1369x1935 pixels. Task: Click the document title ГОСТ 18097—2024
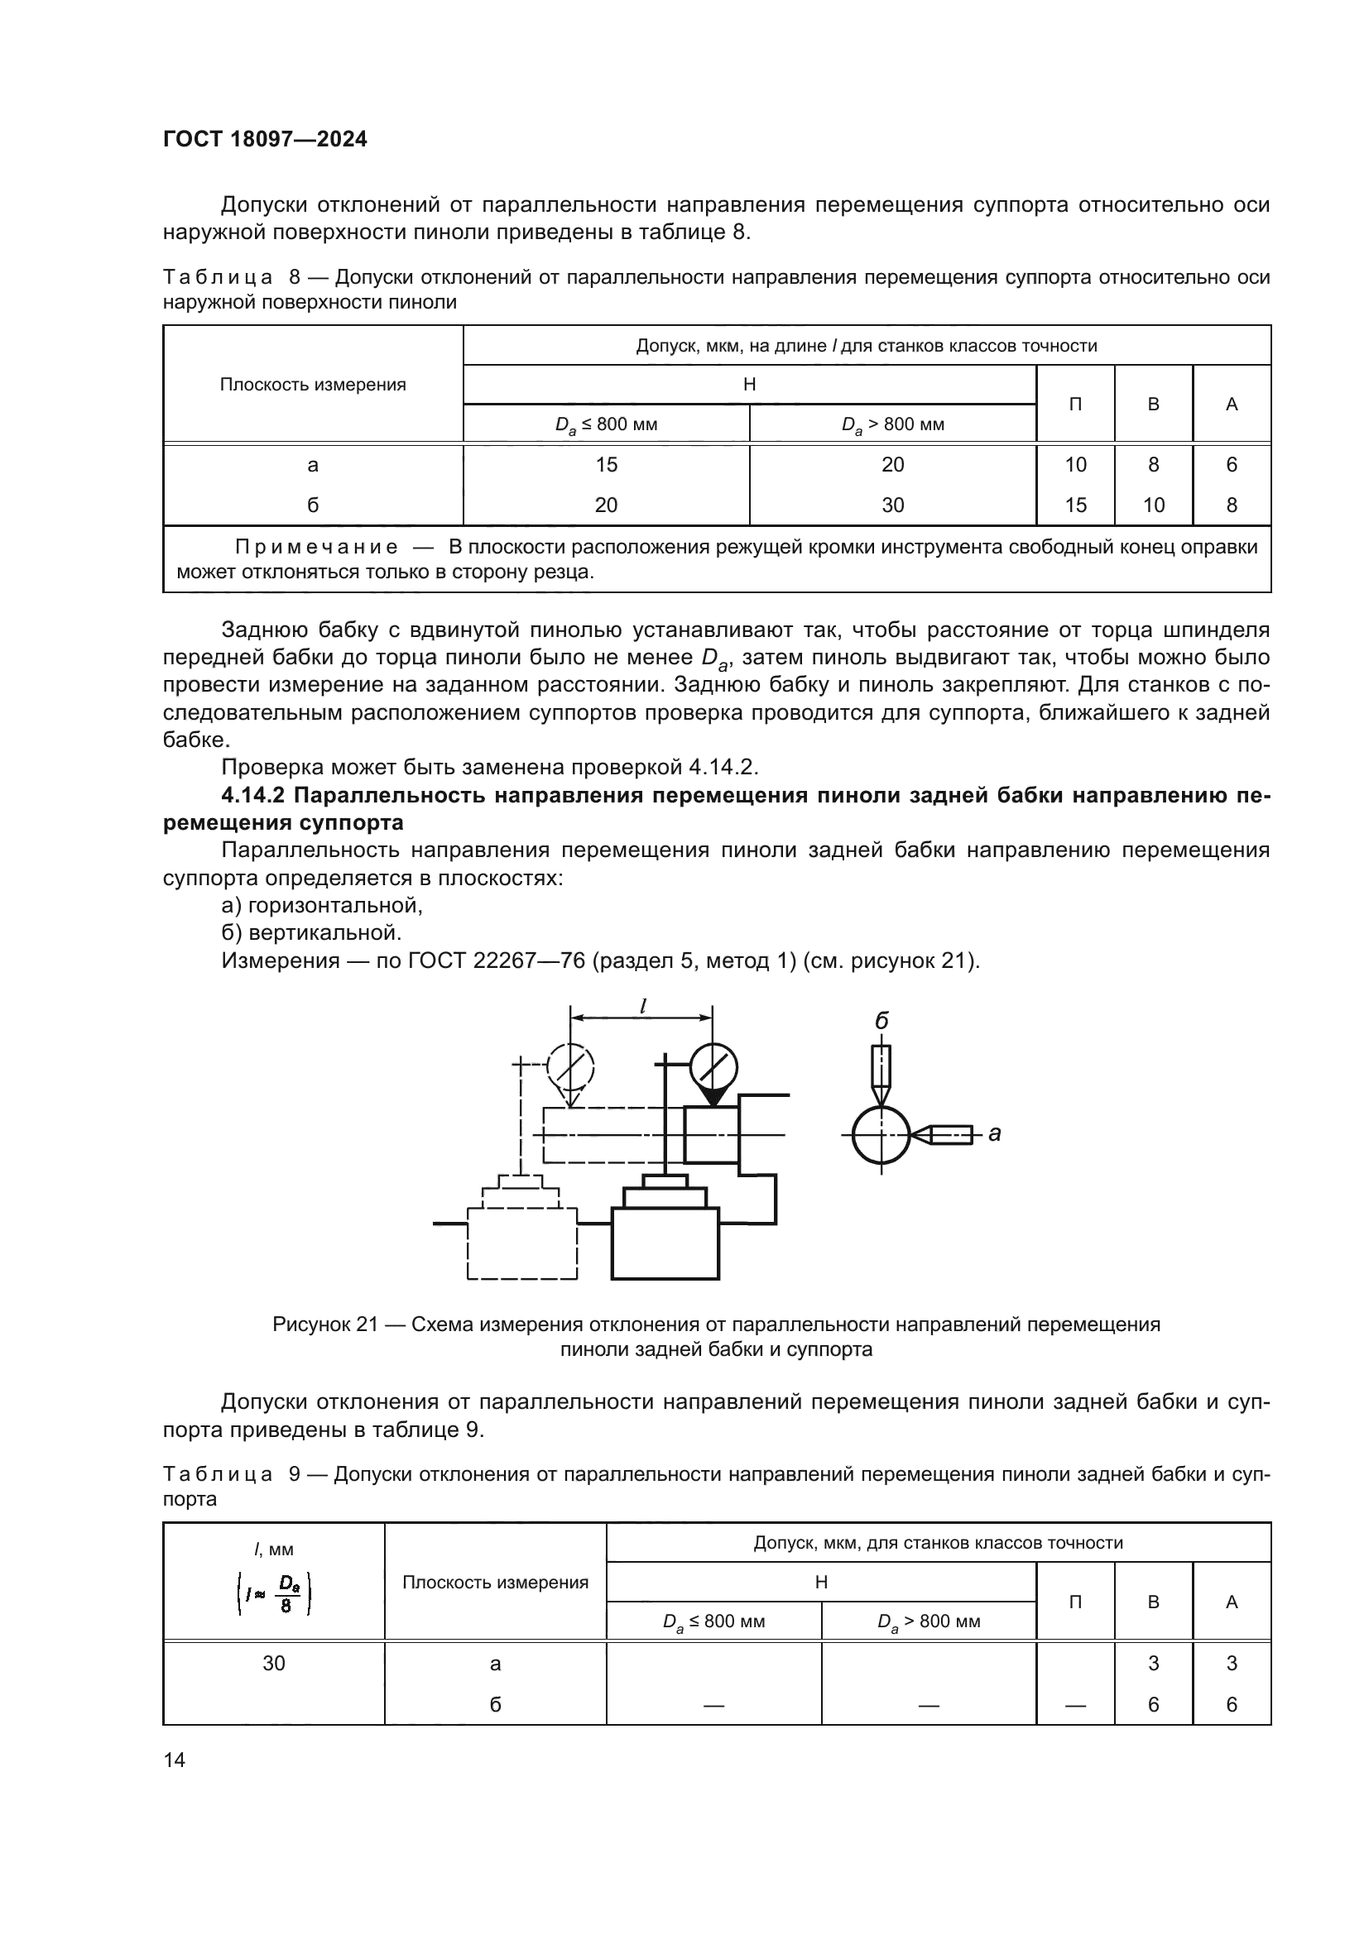(265, 139)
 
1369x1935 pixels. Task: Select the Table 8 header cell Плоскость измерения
(313, 385)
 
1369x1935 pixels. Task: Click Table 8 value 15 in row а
(605, 464)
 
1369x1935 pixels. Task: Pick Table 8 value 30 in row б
(892, 505)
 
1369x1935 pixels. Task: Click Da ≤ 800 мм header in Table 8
(605, 424)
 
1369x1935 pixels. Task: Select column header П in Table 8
(1075, 404)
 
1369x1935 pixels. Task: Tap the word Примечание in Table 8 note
(315, 547)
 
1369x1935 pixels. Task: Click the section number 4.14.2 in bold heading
(254, 795)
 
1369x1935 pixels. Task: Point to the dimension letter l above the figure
(642, 1004)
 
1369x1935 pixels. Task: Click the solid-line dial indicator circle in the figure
(713, 1067)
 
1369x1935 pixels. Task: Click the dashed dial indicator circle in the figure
(571, 1067)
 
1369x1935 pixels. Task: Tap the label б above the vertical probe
(881, 1022)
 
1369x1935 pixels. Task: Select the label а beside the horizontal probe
(995, 1133)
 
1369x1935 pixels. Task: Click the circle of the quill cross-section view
(881, 1135)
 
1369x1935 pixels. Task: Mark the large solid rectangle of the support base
(665, 1243)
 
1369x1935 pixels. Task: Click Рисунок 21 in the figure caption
(324, 1324)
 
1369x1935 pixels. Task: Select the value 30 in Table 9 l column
(273, 1663)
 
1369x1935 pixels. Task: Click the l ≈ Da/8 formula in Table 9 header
(274, 1594)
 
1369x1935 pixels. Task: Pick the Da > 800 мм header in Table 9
(928, 1621)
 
